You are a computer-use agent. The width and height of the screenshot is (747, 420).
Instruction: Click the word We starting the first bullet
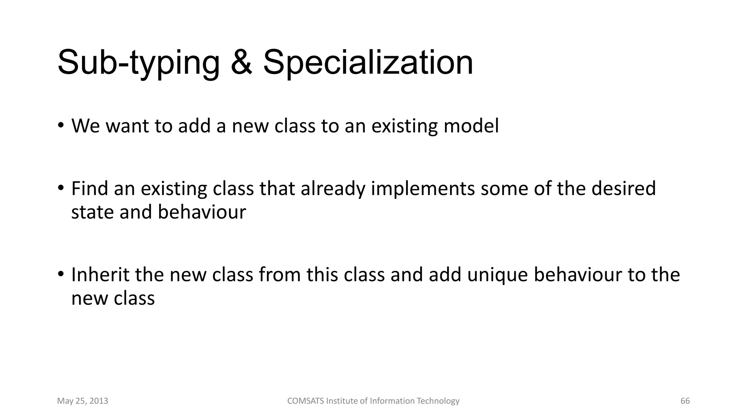85,126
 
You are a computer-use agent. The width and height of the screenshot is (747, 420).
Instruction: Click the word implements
423,189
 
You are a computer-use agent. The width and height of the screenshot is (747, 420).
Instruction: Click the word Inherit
100,275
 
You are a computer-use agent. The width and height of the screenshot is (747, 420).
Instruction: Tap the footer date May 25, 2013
82,401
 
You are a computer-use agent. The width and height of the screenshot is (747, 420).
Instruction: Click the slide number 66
685,401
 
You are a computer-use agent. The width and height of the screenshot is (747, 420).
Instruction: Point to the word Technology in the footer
438,401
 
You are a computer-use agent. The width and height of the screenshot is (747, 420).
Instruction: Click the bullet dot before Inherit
61,274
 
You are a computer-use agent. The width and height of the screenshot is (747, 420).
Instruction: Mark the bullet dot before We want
61,125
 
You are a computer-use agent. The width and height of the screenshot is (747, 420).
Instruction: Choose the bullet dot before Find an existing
61,188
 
